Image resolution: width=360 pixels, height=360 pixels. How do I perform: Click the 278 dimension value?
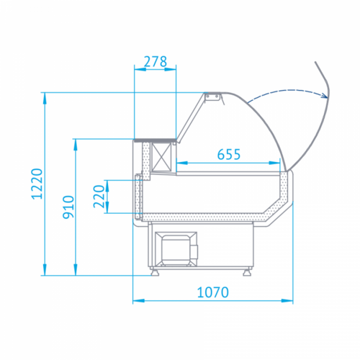(x=156, y=62)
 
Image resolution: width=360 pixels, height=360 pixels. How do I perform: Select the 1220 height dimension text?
(x=37, y=184)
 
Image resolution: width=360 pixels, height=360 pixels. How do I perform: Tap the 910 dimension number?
(x=68, y=207)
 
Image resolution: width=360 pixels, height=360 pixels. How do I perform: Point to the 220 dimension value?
(x=99, y=197)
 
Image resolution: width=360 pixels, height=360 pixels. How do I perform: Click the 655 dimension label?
(x=229, y=154)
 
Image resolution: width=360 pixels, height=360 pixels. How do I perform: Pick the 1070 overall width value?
(x=212, y=292)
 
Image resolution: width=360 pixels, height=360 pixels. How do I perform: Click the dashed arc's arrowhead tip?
(x=328, y=97)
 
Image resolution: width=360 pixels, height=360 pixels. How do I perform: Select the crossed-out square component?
(x=162, y=157)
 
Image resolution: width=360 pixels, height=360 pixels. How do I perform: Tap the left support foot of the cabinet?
(x=155, y=272)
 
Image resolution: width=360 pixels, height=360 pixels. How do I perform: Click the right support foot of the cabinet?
(x=247, y=272)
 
